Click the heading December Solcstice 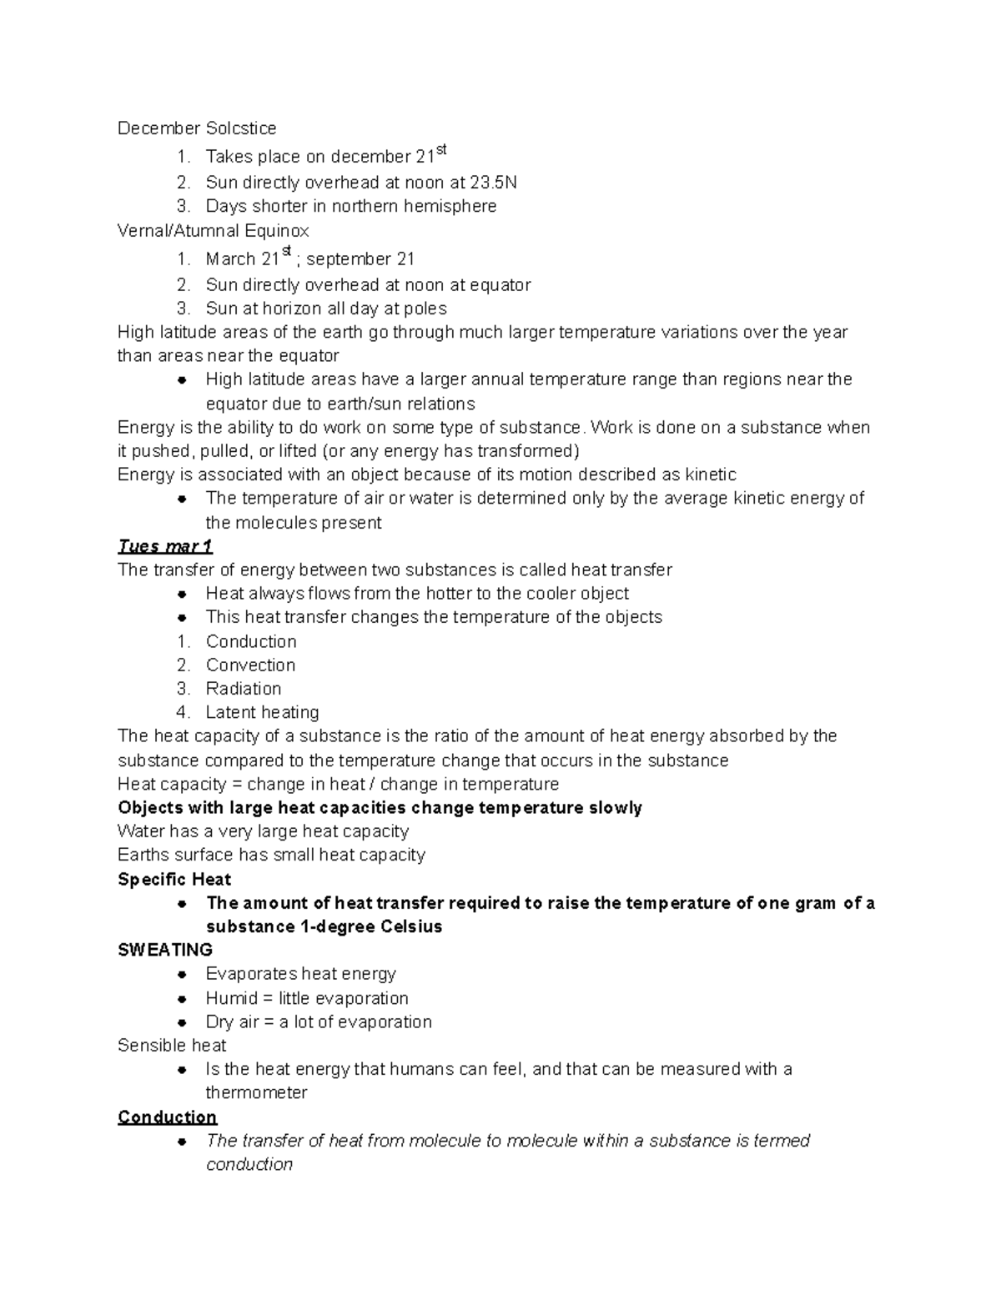197,128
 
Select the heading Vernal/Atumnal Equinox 214,230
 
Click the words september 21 360,259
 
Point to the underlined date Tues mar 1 165,546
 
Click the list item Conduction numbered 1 251,641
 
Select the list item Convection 250,665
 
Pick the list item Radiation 244,689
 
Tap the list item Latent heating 262,713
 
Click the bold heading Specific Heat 174,880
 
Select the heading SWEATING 165,950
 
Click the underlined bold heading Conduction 167,1117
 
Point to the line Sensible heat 172,1046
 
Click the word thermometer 256,1093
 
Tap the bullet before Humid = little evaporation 181,999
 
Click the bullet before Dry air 181,1022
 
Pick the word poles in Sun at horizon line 425,309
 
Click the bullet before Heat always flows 181,594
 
